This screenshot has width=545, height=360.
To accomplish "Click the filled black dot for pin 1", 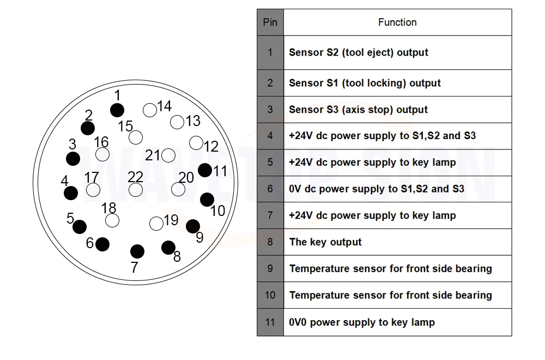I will coord(117,110).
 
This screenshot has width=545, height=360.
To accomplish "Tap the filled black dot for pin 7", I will coord(137,251).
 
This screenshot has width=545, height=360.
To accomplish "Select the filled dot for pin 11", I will coord(205,170).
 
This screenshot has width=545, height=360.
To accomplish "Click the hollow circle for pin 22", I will coord(136,190).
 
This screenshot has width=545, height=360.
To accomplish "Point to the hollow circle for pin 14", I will coord(150,110).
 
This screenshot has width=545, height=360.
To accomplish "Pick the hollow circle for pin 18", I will coord(112,220).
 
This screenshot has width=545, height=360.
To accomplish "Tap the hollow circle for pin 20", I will coord(178,189).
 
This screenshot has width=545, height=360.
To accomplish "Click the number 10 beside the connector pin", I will coord(217,211).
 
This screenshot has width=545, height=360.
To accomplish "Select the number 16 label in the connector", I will coord(101,142).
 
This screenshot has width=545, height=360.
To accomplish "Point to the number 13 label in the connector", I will coord(193,121).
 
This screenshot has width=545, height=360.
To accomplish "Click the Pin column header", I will coord(270,22).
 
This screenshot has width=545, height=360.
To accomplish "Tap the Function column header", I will coord(397,22).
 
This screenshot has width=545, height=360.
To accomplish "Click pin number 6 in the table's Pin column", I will coord(270,189).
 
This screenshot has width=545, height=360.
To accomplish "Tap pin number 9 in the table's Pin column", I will coord(270,269).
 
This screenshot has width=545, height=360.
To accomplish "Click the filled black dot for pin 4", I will coord(70,193).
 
